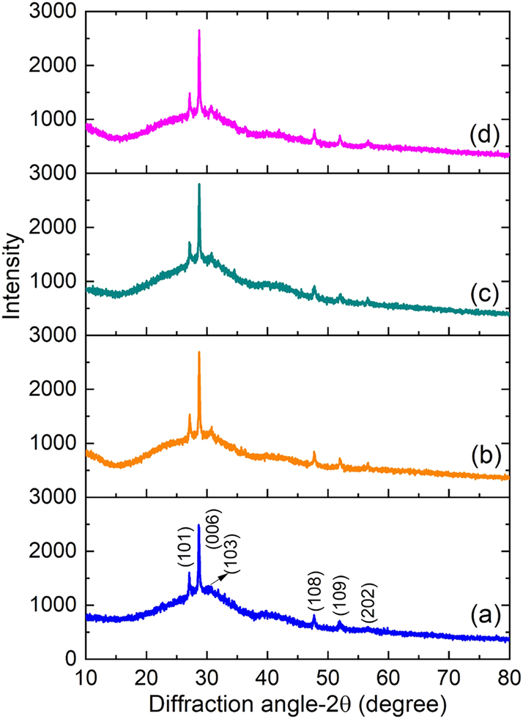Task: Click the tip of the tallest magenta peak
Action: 199,31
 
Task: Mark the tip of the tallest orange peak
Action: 199,353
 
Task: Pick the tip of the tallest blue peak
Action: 199,525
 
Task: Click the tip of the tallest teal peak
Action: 199,185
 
